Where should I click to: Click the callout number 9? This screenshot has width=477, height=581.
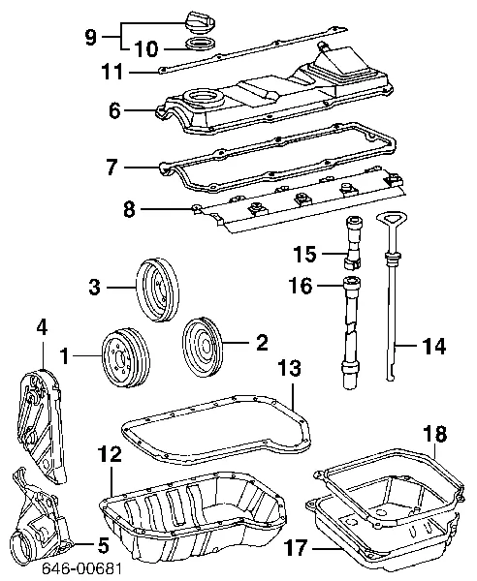click(90, 37)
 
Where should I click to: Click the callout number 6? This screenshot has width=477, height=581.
click(114, 111)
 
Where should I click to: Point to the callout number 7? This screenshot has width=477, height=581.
click(112, 168)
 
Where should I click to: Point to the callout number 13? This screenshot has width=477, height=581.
click(289, 367)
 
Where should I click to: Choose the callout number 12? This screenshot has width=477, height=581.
click(111, 452)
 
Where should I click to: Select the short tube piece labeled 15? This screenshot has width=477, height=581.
click(352, 255)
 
